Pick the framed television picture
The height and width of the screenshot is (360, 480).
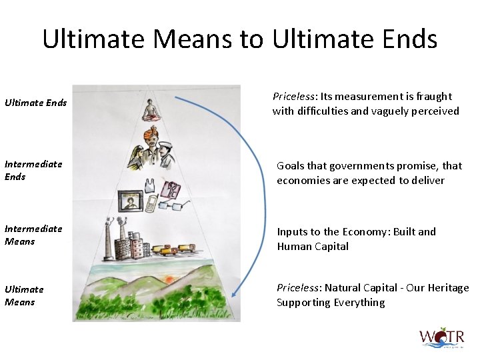coord(129,201)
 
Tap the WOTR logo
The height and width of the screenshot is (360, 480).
coord(441,337)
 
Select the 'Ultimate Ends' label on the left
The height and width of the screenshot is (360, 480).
coord(35,103)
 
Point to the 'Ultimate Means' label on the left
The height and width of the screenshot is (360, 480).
coord(24,295)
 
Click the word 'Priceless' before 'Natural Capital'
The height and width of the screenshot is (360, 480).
coord(298,288)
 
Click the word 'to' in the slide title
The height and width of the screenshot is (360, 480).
coord(251,39)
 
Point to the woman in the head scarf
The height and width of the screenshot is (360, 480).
coord(136,157)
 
